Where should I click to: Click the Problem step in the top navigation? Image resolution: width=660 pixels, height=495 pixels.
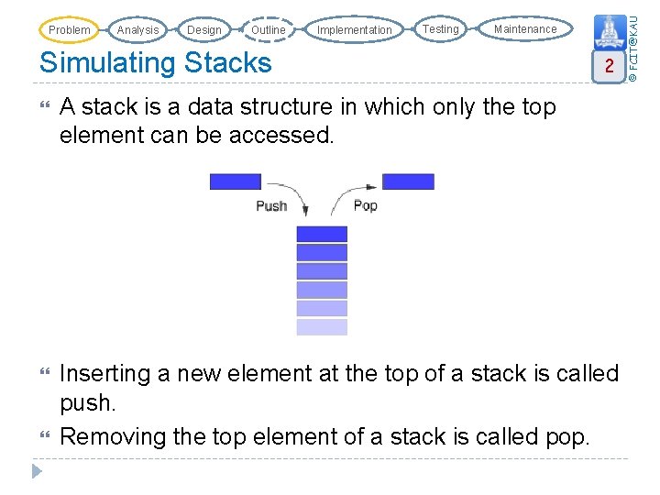pyautogui.click(x=70, y=30)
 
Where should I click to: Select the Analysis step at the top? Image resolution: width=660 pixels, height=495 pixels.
pyautogui.click(x=137, y=30)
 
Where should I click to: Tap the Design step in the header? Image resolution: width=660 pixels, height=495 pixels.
pyautogui.click(x=203, y=30)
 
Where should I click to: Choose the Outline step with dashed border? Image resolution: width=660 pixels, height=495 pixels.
pyautogui.click(x=268, y=30)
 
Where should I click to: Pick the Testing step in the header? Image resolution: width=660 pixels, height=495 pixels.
pyautogui.click(x=440, y=29)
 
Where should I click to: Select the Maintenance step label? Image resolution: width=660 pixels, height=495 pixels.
pyautogui.click(x=524, y=29)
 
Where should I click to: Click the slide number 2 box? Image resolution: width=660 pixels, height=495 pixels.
pyautogui.click(x=607, y=66)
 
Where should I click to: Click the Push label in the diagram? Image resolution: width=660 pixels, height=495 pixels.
pyautogui.click(x=271, y=206)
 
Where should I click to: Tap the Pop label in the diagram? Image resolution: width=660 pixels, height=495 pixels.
pyautogui.click(x=365, y=205)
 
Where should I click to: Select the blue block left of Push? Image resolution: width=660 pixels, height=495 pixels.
pyautogui.click(x=236, y=181)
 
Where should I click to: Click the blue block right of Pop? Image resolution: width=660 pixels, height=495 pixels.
pyautogui.click(x=408, y=181)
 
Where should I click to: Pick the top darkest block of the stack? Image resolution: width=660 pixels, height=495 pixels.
pyautogui.click(x=322, y=234)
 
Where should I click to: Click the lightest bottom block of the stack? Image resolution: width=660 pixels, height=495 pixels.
pyautogui.click(x=322, y=327)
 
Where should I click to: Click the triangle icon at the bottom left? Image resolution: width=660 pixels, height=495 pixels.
pyautogui.click(x=37, y=472)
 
